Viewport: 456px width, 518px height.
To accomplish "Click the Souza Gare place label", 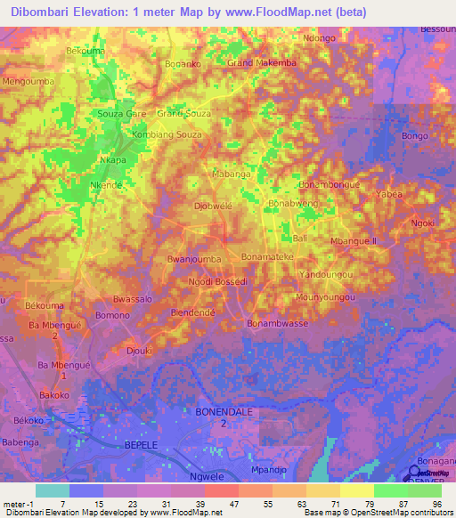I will (x=122, y=115).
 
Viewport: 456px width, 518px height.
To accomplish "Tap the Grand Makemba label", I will (x=262, y=64).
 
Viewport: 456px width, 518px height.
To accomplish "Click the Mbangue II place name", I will (x=354, y=241).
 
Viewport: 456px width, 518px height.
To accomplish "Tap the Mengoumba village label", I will (x=29, y=81).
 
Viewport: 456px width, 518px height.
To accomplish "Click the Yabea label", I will (x=389, y=194).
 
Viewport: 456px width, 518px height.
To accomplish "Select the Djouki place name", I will (x=138, y=351).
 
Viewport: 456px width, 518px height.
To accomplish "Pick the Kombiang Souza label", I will (x=167, y=134).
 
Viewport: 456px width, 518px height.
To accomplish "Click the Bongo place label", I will (x=415, y=136).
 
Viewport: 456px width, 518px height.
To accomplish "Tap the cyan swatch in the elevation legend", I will (x=53, y=490).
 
